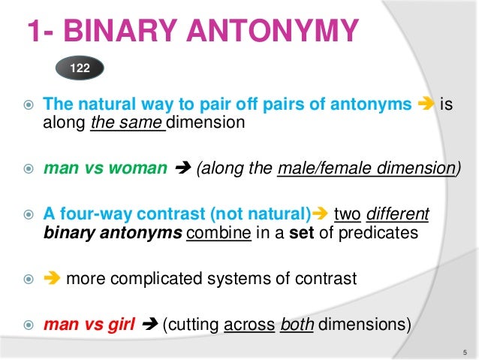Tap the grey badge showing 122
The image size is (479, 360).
pos(80,68)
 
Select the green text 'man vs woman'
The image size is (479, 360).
pos(104,168)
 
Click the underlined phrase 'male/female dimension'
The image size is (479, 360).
pos(366,168)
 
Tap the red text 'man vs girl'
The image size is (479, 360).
pos(91,325)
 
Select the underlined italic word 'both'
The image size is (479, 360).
pos(296,325)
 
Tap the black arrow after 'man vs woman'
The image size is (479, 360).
pos(180,168)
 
